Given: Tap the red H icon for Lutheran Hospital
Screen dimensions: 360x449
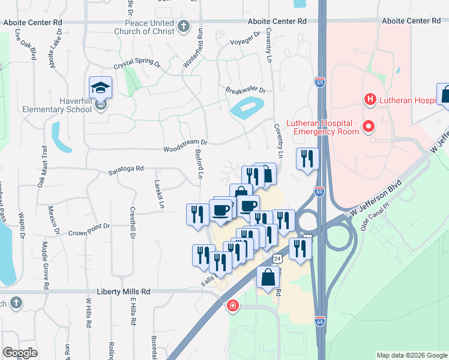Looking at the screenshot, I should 370,99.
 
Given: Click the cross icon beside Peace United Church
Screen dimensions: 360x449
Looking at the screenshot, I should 184,26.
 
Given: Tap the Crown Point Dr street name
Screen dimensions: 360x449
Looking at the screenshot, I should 89,228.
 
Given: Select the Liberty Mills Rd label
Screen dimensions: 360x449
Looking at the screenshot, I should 116,291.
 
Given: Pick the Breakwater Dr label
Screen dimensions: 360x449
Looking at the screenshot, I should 246,90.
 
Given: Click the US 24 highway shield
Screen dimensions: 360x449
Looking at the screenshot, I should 277,259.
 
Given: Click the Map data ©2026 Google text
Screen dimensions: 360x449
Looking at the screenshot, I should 411,355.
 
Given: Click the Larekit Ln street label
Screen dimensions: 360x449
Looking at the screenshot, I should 160,194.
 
